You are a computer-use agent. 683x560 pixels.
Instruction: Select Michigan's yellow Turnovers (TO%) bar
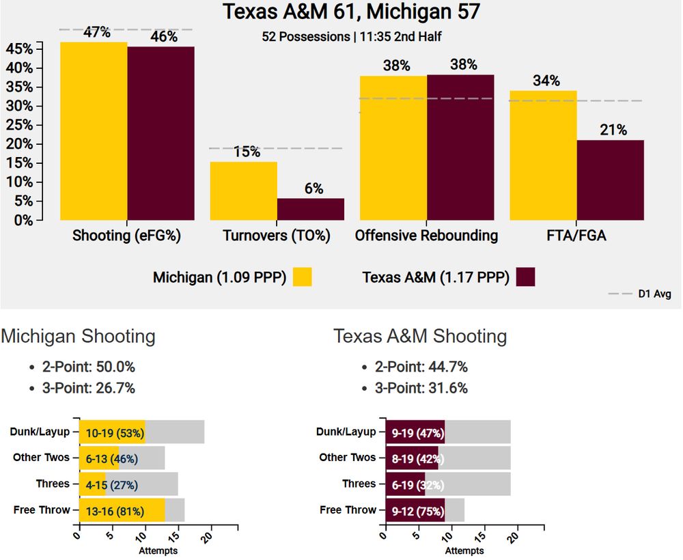(x=243, y=191)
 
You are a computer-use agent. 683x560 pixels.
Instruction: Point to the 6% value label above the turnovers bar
(x=313, y=189)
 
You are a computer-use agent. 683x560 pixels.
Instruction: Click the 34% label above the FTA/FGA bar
(x=546, y=81)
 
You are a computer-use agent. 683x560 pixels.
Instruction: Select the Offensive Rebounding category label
(x=426, y=236)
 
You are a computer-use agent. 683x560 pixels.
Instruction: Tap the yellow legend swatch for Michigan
(x=303, y=277)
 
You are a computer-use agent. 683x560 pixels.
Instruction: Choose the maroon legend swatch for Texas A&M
(x=526, y=277)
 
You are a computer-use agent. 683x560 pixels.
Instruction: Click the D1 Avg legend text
(x=654, y=294)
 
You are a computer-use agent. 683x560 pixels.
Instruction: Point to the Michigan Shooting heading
(x=78, y=336)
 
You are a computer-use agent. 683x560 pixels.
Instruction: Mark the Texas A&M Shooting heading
(x=420, y=336)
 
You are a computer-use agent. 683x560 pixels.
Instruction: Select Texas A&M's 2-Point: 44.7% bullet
(x=421, y=367)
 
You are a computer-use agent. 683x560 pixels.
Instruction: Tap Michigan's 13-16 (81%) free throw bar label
(x=110, y=511)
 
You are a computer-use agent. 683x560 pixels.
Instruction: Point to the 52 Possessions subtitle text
(x=305, y=37)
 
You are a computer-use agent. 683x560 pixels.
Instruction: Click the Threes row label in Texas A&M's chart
(x=359, y=484)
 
